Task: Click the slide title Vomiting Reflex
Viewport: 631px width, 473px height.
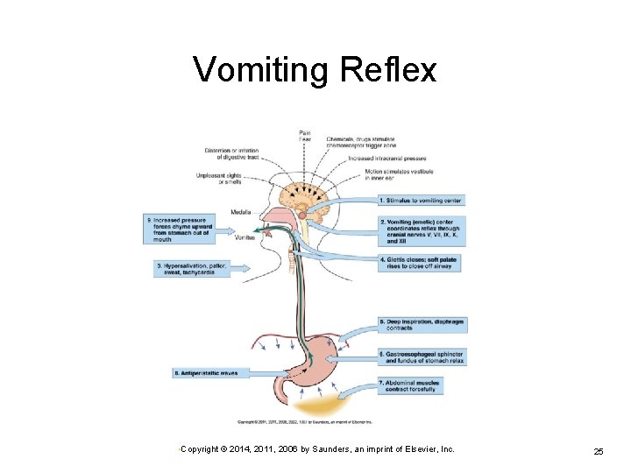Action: [x=315, y=69]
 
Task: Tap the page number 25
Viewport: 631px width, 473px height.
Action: [x=599, y=451]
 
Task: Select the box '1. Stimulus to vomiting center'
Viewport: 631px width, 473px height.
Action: [x=421, y=201]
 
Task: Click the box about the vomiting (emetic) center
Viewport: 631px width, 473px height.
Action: [x=422, y=231]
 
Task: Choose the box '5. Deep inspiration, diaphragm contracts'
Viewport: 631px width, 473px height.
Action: [x=422, y=325]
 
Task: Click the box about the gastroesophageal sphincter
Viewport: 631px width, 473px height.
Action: [x=422, y=357]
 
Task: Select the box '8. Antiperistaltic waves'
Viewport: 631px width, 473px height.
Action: [x=205, y=373]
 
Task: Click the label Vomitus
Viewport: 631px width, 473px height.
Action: [x=245, y=237]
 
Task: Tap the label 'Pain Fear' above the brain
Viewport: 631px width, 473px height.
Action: [x=304, y=136]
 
